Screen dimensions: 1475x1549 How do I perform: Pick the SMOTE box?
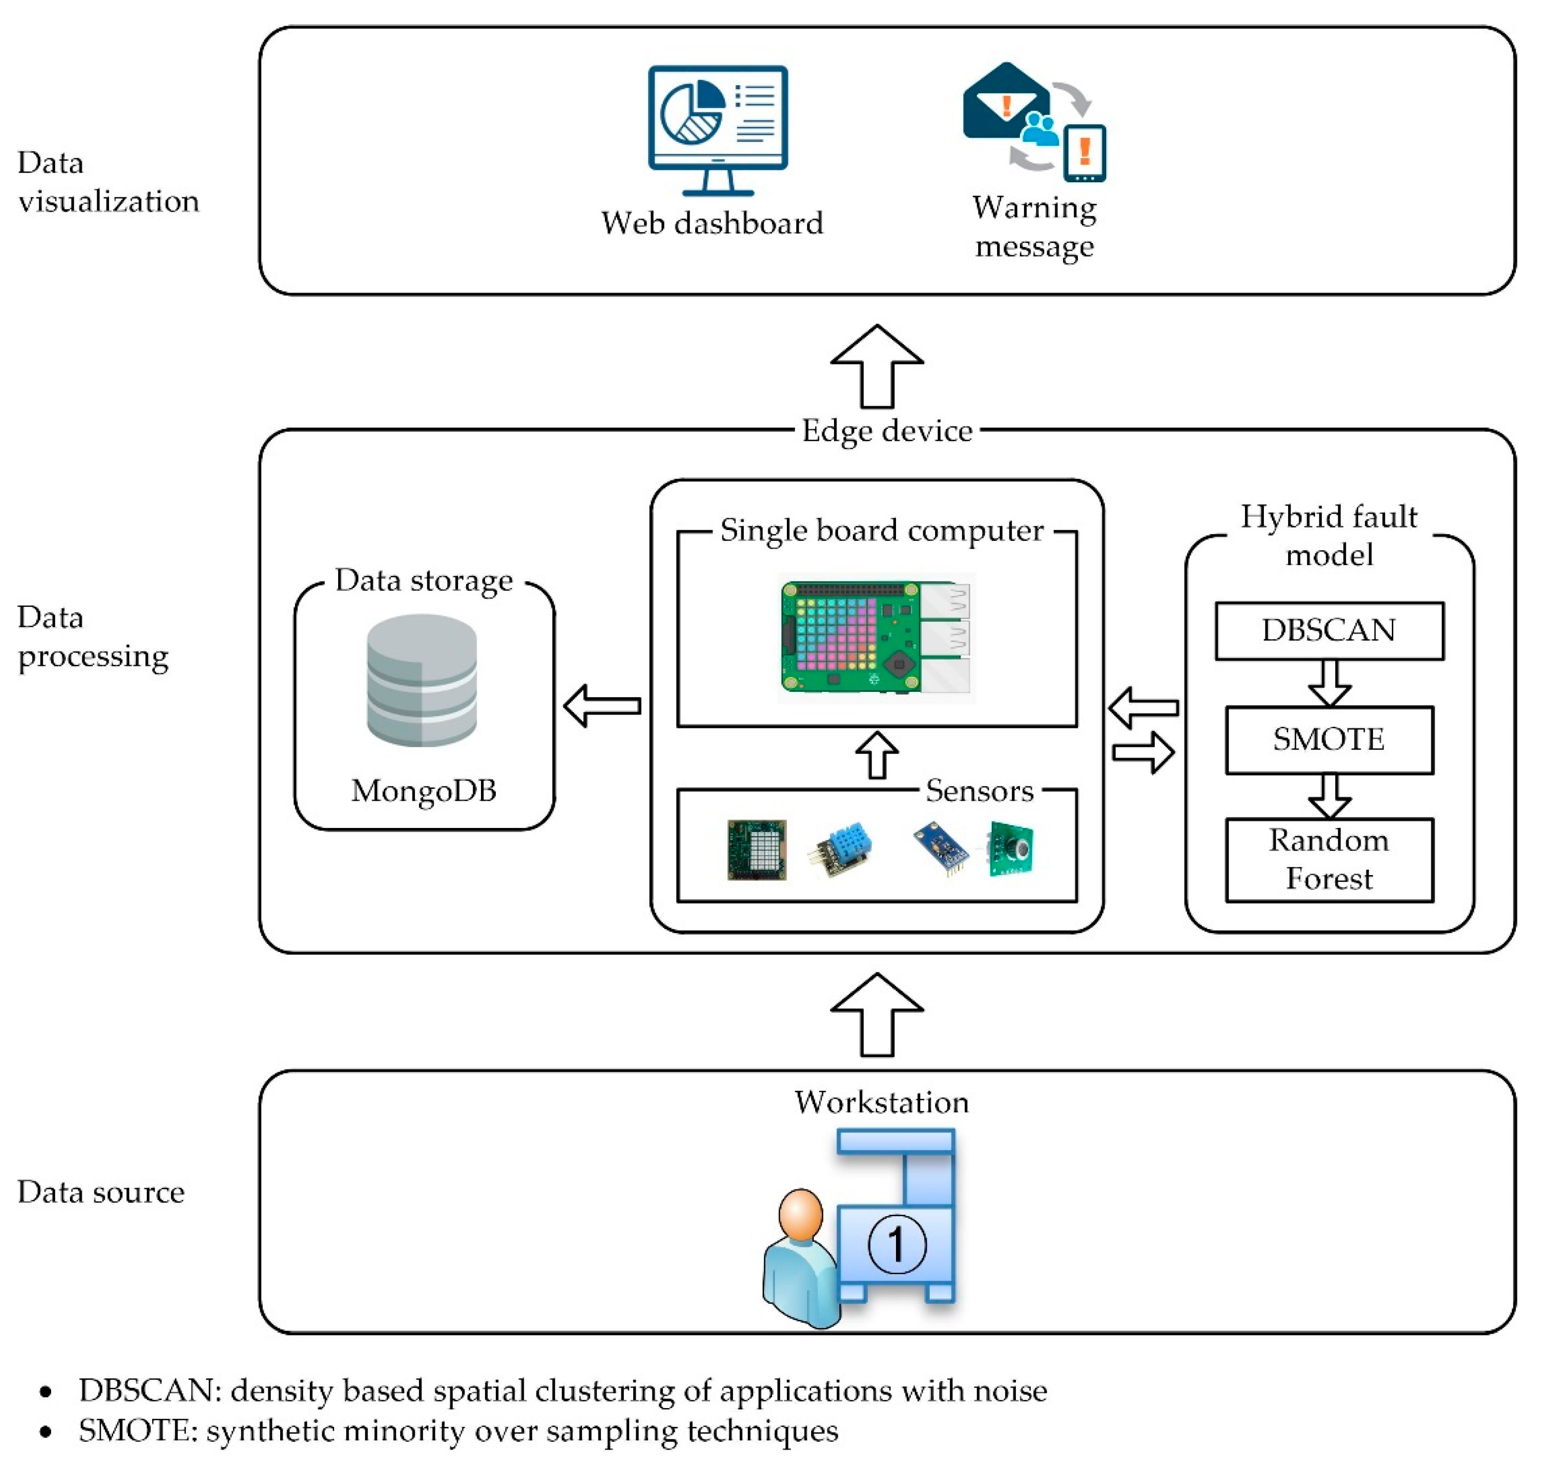(1329, 740)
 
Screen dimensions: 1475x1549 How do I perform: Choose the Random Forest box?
(1329, 859)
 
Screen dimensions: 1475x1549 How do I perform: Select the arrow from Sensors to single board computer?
(877, 755)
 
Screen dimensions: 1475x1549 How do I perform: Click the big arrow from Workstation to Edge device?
(877, 1014)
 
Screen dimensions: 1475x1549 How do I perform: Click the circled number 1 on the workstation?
(896, 1244)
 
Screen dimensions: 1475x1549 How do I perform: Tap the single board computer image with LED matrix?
(876, 637)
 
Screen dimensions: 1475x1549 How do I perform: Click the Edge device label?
(887, 431)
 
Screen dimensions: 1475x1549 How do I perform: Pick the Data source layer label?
(101, 1192)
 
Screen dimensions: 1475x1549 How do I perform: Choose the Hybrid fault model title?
(1329, 535)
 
